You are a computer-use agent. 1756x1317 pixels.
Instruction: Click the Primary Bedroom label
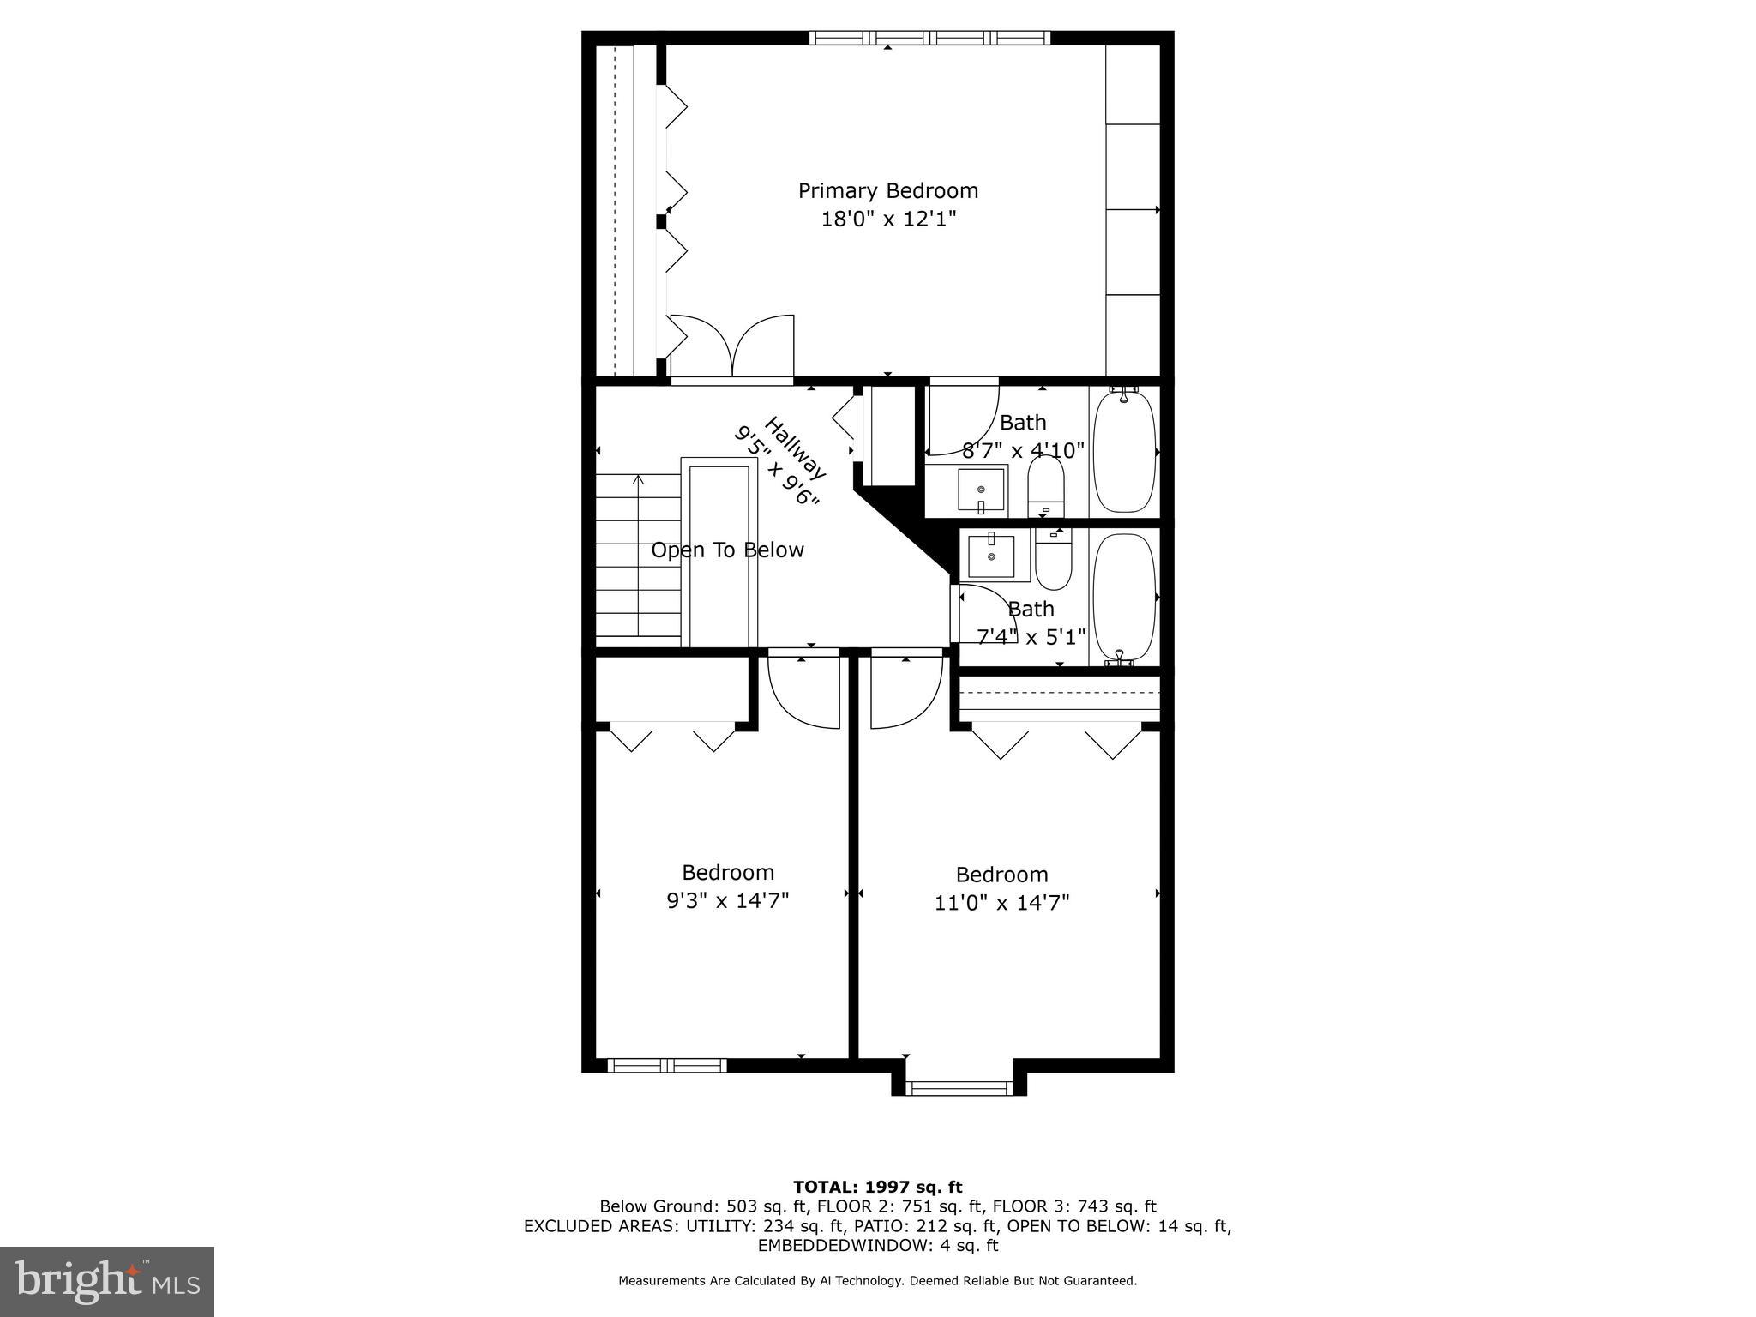click(x=887, y=190)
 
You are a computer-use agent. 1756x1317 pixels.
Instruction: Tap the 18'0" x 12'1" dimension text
click(x=887, y=219)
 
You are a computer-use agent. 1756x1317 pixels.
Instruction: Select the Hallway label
click(x=794, y=448)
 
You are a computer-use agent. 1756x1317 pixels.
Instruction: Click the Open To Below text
click(x=727, y=550)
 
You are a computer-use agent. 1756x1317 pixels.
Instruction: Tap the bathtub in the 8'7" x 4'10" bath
click(x=1124, y=452)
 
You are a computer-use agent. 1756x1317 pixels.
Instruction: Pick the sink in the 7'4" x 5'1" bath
click(x=991, y=556)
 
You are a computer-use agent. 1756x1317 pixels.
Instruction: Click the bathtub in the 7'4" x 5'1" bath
click(x=1124, y=597)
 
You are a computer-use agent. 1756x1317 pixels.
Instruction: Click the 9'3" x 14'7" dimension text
click(x=727, y=900)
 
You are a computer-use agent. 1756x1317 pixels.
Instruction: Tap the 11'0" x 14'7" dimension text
click(x=1001, y=903)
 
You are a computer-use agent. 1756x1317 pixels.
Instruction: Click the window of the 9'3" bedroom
click(x=667, y=1066)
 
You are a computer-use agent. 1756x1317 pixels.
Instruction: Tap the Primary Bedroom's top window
click(x=929, y=38)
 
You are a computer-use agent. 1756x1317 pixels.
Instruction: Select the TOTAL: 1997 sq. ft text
click(x=877, y=1188)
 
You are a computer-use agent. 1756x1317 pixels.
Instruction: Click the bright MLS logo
click(x=106, y=1281)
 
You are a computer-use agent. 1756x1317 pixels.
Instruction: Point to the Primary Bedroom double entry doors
click(x=731, y=347)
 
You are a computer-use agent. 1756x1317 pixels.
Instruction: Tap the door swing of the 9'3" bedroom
click(x=803, y=690)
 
